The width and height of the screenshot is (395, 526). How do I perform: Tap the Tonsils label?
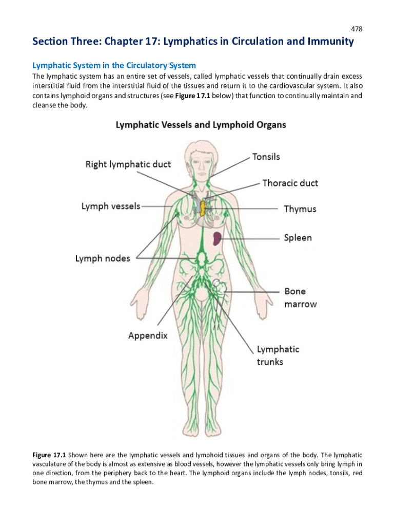tap(266, 157)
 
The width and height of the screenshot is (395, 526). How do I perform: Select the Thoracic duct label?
tap(290, 183)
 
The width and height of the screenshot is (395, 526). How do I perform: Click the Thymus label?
tap(300, 209)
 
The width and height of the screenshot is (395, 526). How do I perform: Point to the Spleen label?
tap(298, 238)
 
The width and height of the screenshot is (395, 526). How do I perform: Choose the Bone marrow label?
tap(301, 297)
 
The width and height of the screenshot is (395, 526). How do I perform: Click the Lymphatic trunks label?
tap(278, 355)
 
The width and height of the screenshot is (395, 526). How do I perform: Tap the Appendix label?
tap(148, 336)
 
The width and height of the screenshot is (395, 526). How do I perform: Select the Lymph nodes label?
tap(103, 258)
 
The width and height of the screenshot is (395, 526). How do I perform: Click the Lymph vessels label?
tap(110, 206)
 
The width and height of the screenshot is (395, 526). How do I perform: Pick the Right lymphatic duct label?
tap(128, 164)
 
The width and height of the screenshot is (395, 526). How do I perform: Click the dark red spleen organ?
tap(218, 237)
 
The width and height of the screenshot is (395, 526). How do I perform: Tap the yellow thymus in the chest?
tap(203, 208)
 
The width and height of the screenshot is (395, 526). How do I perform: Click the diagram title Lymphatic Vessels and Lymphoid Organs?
tap(201, 125)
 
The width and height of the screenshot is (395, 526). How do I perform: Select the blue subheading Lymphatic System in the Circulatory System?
tap(114, 66)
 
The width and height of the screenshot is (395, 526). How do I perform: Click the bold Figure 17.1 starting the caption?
tap(49, 455)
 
